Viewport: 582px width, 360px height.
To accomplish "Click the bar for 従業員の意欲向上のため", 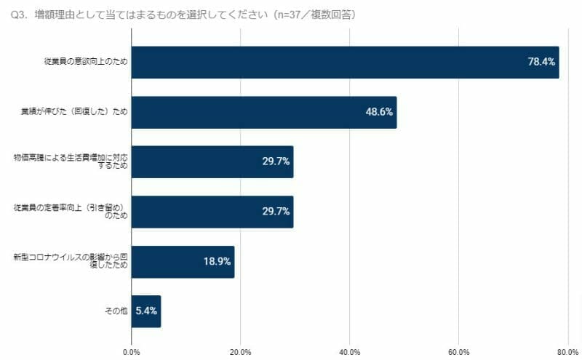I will click(345, 63).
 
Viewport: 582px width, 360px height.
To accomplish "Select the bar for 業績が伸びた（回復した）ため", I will click(264, 112).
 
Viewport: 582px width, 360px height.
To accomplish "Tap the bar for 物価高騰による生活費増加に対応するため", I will click(212, 161).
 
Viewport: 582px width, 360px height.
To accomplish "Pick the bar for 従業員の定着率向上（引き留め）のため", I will click(212, 212).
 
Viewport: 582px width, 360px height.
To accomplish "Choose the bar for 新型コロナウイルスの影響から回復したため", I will click(183, 261).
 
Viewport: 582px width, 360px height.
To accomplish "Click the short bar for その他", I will click(146, 311).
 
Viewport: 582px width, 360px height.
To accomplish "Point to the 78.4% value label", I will click(541, 63).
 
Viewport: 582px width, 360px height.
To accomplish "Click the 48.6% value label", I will click(379, 112).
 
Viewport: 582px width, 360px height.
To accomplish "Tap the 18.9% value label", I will click(217, 261).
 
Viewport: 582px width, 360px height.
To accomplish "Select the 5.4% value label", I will click(146, 311).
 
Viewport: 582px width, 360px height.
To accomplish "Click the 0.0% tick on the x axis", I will click(132, 352).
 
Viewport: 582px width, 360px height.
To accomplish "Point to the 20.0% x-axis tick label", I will click(241, 352).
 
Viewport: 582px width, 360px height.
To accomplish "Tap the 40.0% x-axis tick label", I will click(350, 352).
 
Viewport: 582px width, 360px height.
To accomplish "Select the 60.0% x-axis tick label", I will click(458, 352).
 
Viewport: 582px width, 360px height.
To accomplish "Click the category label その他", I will click(116, 311).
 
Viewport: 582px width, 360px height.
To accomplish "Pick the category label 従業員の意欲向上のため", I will click(85, 63).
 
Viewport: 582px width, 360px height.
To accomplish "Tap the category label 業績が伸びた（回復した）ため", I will click(75, 112).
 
